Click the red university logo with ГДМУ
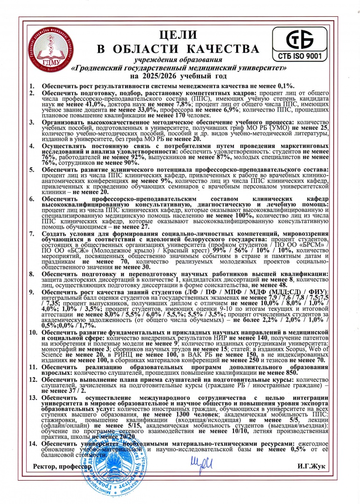(x=52, y=52)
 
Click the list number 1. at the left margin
(x=32, y=86)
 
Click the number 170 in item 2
(x=179, y=114)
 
